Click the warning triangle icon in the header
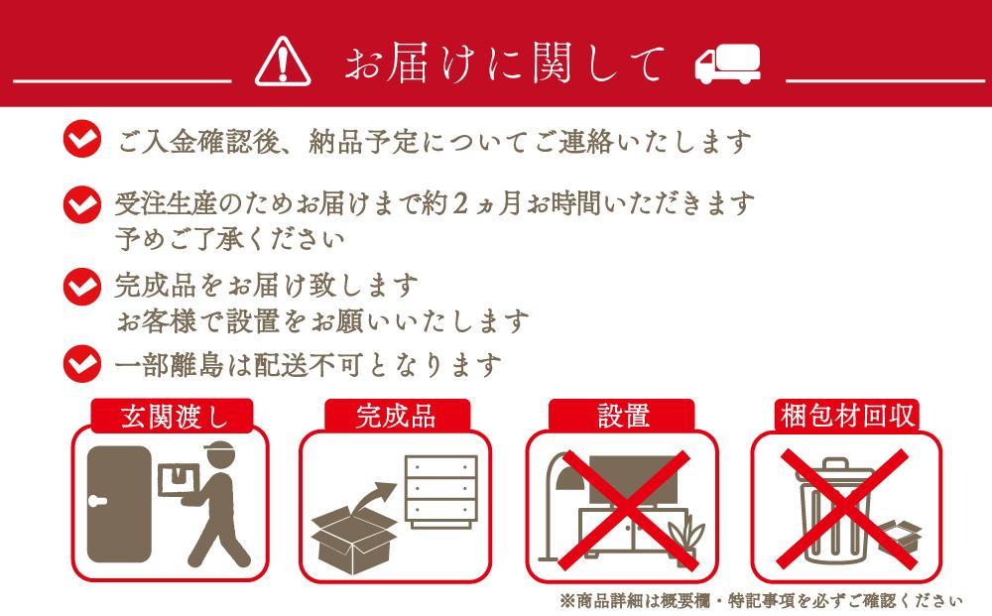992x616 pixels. tap(283, 63)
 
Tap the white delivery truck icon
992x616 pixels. tap(726, 64)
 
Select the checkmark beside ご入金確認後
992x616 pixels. tap(81, 140)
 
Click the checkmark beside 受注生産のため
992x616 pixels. tap(81, 204)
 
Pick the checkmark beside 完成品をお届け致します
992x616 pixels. tap(81, 286)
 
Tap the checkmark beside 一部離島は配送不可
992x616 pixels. tap(81, 364)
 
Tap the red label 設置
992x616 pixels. tap(622, 416)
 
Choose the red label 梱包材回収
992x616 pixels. tap(846, 416)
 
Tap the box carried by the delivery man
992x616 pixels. tap(178, 480)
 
